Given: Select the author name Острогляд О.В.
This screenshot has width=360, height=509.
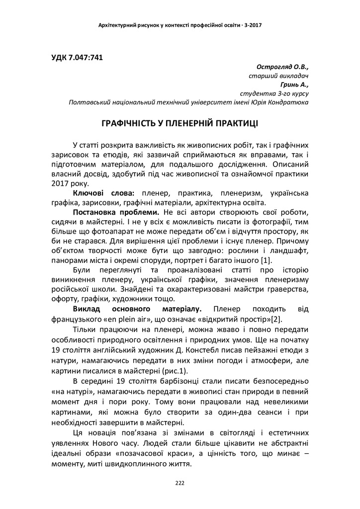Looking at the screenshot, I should [x=283, y=67].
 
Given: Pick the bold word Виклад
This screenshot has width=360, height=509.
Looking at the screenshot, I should [x=88, y=309].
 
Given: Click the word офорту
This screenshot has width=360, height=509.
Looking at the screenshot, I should [x=66, y=299].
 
